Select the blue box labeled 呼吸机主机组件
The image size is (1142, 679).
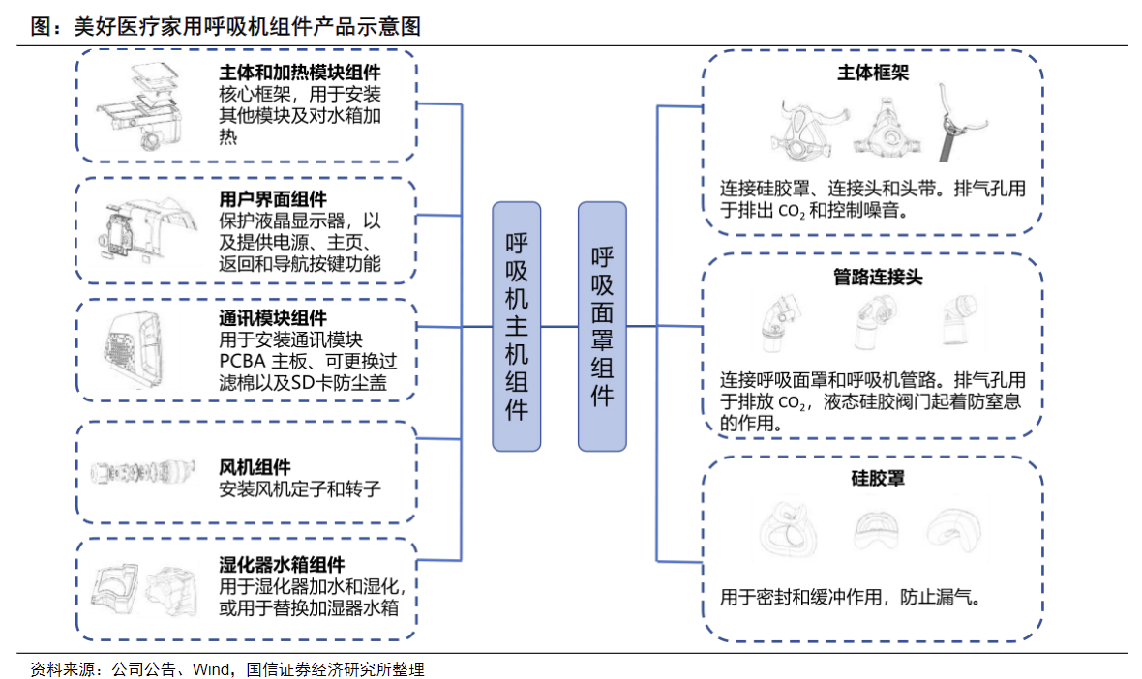517,326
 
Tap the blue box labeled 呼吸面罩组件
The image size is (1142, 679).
602,326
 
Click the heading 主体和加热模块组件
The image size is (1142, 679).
300,74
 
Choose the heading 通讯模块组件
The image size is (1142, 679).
274,318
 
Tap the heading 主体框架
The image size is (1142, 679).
872,74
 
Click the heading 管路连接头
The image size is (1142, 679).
878,278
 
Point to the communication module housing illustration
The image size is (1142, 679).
141,349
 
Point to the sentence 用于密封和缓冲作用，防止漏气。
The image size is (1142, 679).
851,598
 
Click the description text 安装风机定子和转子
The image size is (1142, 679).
300,489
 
